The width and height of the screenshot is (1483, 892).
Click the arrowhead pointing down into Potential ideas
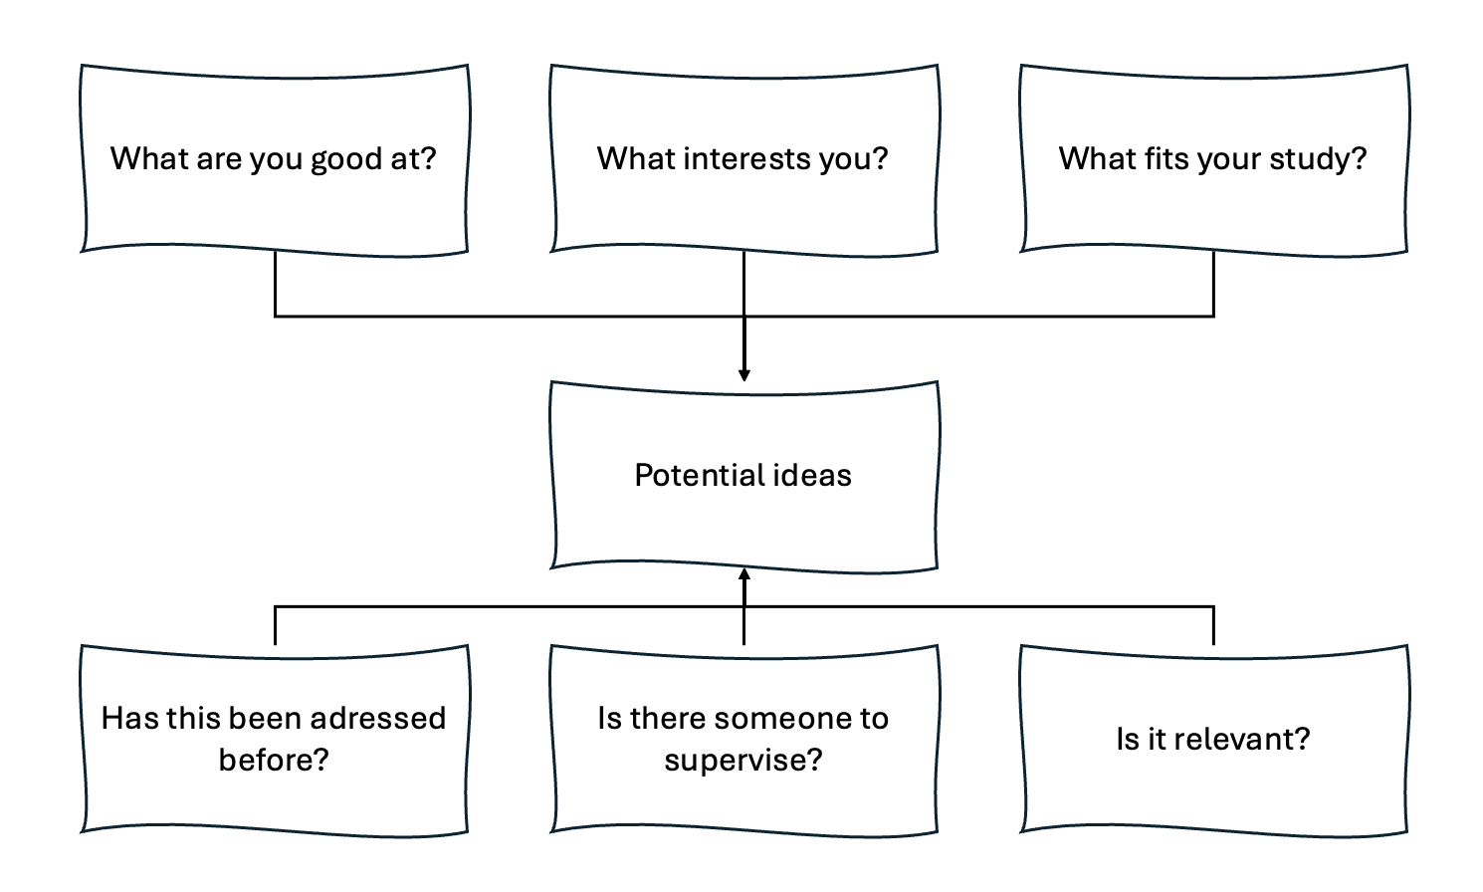[x=743, y=375]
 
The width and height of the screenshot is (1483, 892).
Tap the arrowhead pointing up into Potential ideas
[x=743, y=574]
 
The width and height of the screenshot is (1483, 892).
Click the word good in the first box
[x=346, y=159]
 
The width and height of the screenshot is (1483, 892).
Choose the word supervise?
[x=743, y=761]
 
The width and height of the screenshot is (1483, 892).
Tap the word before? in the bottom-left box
[x=274, y=761]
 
